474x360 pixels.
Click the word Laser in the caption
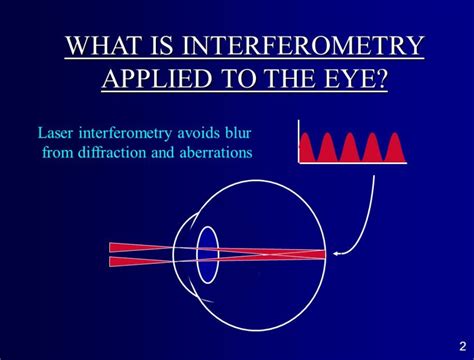click(58, 132)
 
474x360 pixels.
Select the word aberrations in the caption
click(213, 152)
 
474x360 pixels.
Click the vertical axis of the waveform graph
click(299, 140)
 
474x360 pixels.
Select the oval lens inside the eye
click(208, 254)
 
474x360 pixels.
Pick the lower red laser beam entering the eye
click(150, 262)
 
